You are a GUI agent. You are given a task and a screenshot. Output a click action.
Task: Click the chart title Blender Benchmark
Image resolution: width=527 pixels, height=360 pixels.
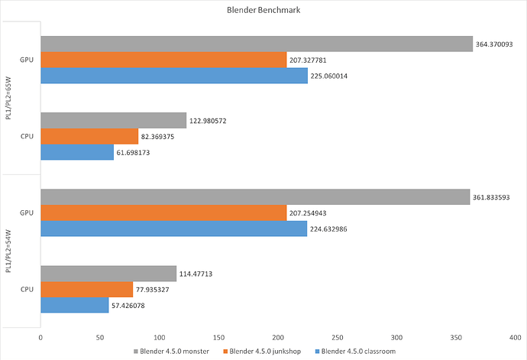(x=263, y=11)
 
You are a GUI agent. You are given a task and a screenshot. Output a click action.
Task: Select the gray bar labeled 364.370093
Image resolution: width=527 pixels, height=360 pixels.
(x=257, y=44)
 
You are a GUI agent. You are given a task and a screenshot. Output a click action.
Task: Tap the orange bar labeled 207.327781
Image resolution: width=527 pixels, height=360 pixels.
(x=163, y=60)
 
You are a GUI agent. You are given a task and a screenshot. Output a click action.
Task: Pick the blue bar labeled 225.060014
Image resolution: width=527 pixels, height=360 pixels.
(x=174, y=76)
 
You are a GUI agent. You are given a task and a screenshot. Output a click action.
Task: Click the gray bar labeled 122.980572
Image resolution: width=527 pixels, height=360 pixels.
(x=113, y=120)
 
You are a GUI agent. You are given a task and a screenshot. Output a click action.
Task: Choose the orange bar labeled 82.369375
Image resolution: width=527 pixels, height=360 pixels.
(x=89, y=136)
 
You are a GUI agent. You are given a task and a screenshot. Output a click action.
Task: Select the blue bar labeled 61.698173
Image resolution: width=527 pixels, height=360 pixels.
(x=77, y=152)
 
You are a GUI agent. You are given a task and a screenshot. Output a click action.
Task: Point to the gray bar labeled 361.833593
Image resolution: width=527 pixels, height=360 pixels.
(x=255, y=197)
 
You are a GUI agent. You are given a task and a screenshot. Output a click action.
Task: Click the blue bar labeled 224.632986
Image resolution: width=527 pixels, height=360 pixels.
(x=173, y=229)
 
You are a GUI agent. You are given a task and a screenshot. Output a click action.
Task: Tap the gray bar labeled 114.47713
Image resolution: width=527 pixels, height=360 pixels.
(x=108, y=273)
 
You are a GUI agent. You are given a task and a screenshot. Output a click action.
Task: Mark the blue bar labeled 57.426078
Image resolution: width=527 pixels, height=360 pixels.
(x=74, y=305)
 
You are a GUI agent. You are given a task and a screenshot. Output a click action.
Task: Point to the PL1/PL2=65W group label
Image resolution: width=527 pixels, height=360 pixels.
(x=8, y=98)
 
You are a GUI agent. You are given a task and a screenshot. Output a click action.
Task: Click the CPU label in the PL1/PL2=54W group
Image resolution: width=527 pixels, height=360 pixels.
(x=25, y=289)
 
